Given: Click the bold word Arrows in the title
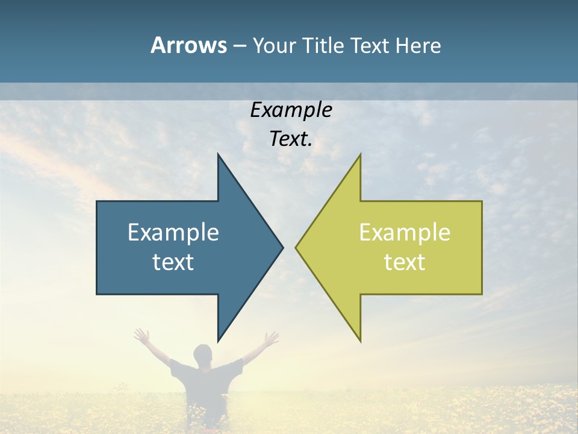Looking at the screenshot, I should (x=188, y=45).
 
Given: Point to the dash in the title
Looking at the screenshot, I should (x=239, y=46).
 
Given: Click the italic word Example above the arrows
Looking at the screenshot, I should (x=291, y=110).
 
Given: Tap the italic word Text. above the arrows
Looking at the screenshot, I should (x=291, y=139).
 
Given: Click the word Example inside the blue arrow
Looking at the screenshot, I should (x=173, y=233).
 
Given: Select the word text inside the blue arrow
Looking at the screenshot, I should (x=173, y=262).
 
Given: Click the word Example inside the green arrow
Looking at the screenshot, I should (x=405, y=233).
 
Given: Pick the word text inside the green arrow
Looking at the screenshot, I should (x=405, y=262).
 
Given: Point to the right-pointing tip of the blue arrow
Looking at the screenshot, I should (x=282, y=247).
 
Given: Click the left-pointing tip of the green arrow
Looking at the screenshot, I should (x=296, y=247).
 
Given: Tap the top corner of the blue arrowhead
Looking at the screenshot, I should (x=218, y=154).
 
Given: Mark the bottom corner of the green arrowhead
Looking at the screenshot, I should (x=360, y=341).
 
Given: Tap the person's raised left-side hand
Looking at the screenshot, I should (x=142, y=335).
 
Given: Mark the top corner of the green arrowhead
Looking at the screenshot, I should (x=360, y=154).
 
